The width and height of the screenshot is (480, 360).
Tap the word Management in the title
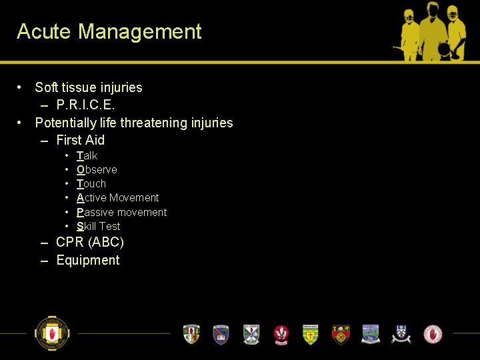tap(140, 31)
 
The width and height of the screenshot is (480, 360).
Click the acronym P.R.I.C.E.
tap(86, 105)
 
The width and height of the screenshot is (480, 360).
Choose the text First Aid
tap(81, 140)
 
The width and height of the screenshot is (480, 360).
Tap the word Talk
tap(87, 155)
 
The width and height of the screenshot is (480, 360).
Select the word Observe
tap(97, 170)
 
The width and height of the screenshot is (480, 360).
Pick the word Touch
tap(91, 184)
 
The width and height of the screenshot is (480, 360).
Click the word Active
tap(91, 198)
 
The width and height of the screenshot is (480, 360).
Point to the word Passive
tap(94, 212)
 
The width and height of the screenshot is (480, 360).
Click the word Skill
tap(86, 227)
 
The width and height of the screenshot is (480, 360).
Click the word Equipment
tap(88, 261)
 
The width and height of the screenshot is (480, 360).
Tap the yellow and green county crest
tap(311, 334)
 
